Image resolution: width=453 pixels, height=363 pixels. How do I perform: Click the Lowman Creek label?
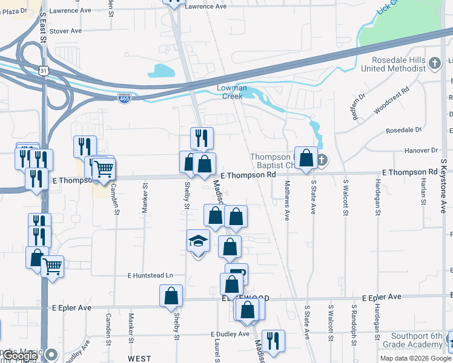(232, 92)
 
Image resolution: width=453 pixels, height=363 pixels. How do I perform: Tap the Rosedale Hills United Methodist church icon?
(434, 62)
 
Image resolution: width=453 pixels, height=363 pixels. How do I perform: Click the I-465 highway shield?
(124, 98)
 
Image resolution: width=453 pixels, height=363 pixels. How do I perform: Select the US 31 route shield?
(42, 71)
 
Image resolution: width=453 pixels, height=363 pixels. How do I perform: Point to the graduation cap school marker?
(198, 242)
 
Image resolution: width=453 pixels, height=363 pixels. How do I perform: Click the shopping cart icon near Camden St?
(104, 168)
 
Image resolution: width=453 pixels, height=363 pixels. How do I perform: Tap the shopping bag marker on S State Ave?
(306, 158)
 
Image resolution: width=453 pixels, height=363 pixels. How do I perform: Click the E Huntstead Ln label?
(150, 275)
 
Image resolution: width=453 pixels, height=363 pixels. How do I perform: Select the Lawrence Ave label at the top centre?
(205, 6)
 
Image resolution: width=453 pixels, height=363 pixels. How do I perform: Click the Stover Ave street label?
(65, 31)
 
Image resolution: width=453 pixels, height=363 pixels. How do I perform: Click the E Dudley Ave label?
(230, 334)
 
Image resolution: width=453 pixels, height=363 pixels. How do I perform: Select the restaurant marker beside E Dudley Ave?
(273, 341)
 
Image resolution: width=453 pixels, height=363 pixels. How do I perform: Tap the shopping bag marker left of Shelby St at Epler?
(171, 296)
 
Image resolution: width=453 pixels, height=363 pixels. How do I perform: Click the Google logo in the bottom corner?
(20, 356)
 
